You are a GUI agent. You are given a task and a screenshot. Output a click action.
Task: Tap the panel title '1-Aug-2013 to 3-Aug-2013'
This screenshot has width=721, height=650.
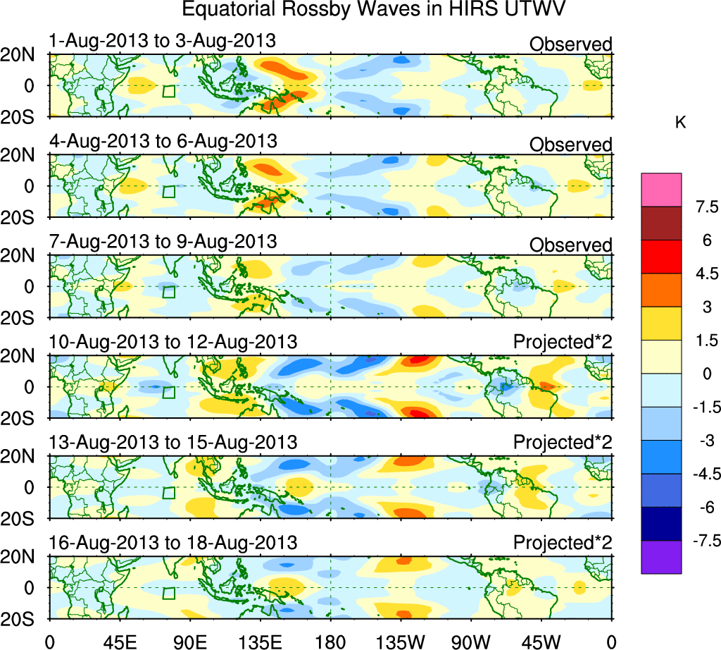click(x=162, y=41)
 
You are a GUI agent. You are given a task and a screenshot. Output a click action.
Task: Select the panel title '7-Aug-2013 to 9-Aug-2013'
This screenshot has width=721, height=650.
click(x=163, y=241)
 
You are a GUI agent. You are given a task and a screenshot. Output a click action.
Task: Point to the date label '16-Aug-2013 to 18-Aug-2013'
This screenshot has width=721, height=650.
click(x=173, y=543)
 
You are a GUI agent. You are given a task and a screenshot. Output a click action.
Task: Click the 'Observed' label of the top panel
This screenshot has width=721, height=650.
click(x=570, y=44)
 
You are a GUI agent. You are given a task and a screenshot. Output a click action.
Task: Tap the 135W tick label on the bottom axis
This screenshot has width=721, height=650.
click(x=401, y=641)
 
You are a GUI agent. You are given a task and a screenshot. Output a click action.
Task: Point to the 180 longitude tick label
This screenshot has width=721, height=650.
click(x=330, y=641)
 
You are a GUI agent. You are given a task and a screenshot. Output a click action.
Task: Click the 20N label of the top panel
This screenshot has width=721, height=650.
click(x=24, y=55)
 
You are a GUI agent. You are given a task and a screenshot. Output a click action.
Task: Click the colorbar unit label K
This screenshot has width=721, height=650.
click(x=680, y=123)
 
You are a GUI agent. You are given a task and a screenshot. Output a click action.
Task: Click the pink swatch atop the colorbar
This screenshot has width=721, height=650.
click(x=661, y=190)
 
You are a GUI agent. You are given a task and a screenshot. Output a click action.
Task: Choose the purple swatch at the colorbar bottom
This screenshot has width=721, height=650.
click(x=661, y=557)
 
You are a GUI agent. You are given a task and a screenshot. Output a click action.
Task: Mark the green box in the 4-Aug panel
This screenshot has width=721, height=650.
click(x=168, y=191)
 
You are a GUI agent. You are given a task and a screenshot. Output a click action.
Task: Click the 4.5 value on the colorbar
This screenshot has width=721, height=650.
click(x=704, y=274)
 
